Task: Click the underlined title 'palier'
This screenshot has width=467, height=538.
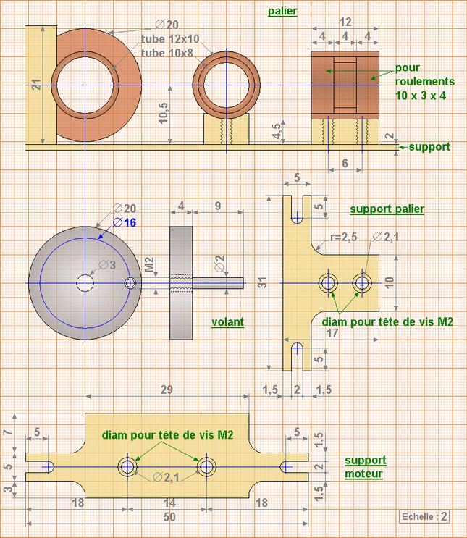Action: [x=282, y=12]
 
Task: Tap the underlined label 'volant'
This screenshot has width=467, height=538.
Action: [x=228, y=322]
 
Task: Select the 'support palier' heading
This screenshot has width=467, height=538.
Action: [x=387, y=209]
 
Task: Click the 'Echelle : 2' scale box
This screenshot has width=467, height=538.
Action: [x=425, y=516]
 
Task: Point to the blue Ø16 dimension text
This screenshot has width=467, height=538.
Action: [x=125, y=223]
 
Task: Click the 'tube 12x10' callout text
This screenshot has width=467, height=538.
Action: [x=170, y=39]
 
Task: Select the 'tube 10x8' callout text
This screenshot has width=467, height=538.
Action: [x=167, y=53]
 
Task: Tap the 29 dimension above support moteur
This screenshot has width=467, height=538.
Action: [x=167, y=390]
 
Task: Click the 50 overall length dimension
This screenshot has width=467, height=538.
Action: [x=169, y=517]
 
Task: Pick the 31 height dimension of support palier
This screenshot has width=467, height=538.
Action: [x=263, y=282]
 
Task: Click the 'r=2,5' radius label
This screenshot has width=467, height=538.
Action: [x=343, y=237]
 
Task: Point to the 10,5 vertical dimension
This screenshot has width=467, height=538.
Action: [x=164, y=112]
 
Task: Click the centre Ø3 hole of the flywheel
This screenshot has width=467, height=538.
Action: [x=85, y=283]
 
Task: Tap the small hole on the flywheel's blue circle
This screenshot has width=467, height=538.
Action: [x=130, y=283]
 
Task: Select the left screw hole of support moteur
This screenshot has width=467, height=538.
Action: [x=127, y=466]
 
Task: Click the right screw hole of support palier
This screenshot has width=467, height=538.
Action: [x=362, y=283]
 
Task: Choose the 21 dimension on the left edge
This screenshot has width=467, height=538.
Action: [x=36, y=85]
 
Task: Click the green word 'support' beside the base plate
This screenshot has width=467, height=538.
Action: [x=429, y=147]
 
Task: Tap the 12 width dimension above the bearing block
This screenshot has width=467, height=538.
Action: [x=345, y=22]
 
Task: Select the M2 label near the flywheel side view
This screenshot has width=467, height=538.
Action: [x=150, y=264]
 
